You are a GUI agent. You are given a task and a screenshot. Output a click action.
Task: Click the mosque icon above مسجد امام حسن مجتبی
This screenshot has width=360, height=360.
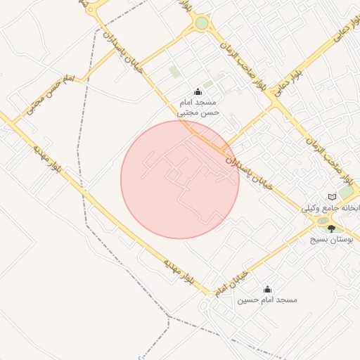[197, 91]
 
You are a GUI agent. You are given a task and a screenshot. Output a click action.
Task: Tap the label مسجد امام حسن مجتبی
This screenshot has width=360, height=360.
[198, 106]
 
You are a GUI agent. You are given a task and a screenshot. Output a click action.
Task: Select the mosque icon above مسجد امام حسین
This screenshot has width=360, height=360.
[267, 289]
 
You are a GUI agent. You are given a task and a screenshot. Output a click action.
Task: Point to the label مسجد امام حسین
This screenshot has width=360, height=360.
[266, 300]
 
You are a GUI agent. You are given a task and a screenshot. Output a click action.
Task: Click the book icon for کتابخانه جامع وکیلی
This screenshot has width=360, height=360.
[333, 196]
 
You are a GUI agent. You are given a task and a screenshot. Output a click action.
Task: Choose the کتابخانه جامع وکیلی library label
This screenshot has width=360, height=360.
[330, 209]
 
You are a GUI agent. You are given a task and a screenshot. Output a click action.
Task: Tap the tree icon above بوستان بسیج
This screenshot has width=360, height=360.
[332, 229]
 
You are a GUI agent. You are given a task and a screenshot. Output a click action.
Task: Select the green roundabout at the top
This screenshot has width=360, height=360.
[202, 24]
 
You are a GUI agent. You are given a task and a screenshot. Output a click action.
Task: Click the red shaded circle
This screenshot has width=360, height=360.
[180, 179]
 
